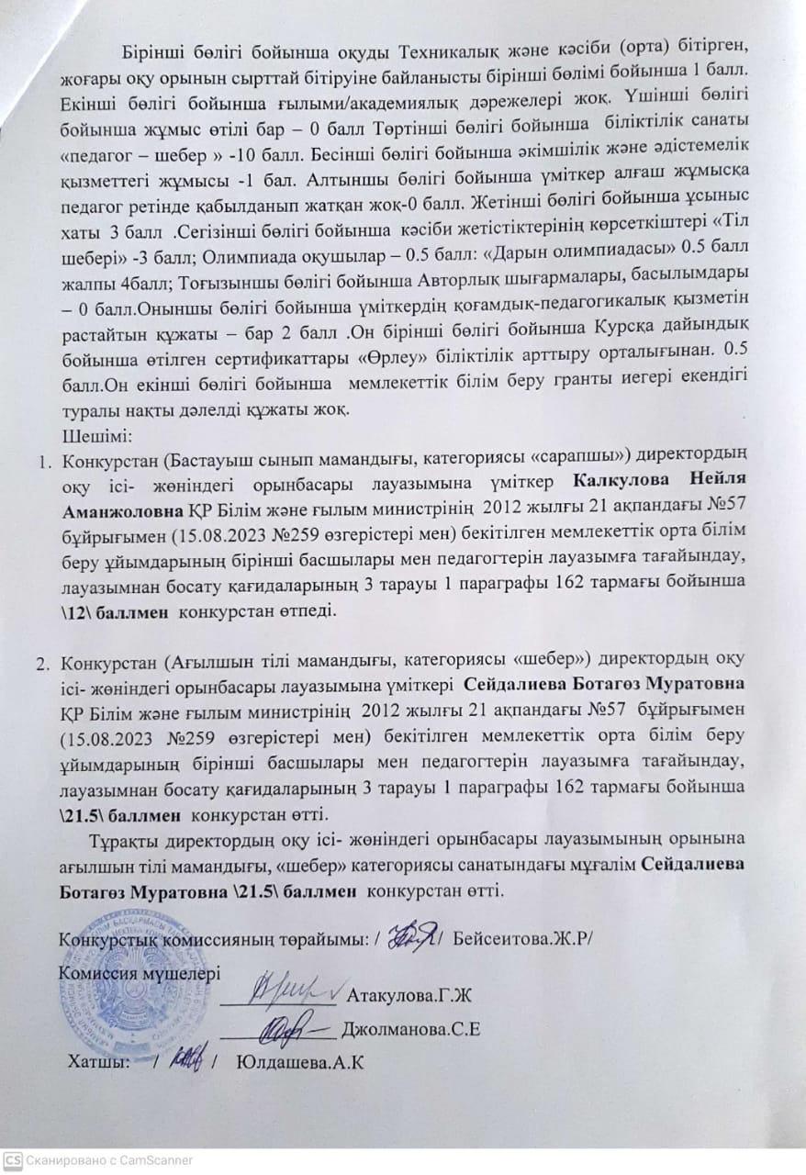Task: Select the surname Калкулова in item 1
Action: [x=612, y=479]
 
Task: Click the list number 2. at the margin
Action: [x=41, y=660]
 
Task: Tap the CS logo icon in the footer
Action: [x=11, y=1160]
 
